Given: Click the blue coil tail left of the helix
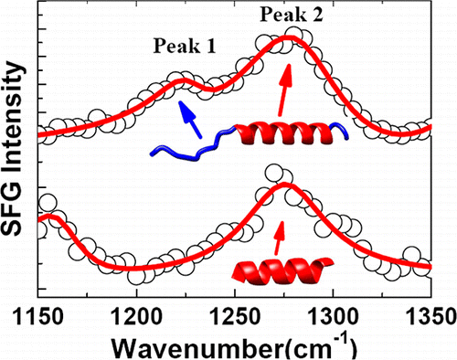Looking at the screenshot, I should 188,144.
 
